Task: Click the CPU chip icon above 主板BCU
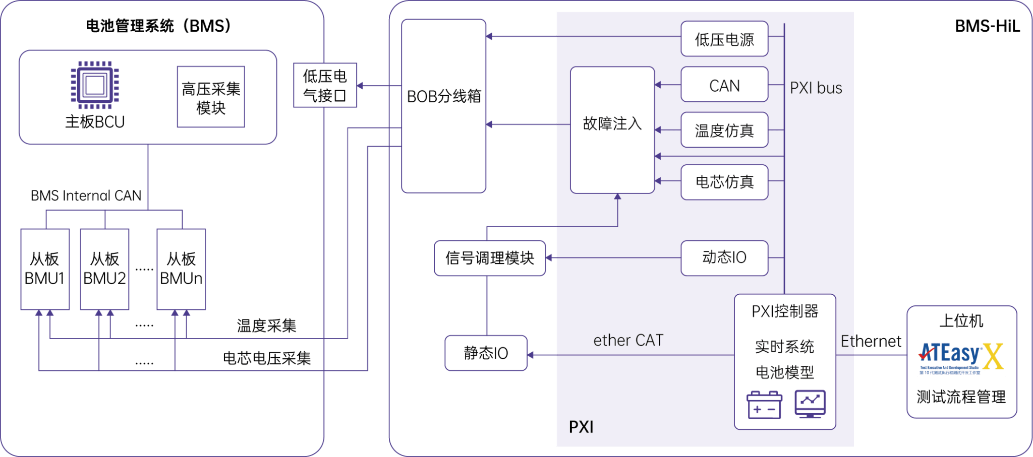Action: click(x=95, y=85)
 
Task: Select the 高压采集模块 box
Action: click(x=211, y=97)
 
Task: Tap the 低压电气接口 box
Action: click(x=325, y=85)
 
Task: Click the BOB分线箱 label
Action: click(x=444, y=96)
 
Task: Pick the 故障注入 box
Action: click(x=612, y=130)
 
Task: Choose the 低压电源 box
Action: click(x=724, y=39)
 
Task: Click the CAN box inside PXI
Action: click(x=724, y=85)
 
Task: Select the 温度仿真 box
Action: click(x=724, y=130)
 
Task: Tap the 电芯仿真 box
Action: click(x=724, y=182)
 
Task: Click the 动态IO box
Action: click(x=724, y=258)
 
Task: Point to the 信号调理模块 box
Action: click(x=489, y=258)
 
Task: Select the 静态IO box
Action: click(x=486, y=353)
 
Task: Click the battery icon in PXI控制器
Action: click(x=764, y=405)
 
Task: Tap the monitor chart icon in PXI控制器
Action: click(x=810, y=404)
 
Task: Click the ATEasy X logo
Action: click(x=961, y=358)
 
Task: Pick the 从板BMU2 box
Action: click(x=104, y=269)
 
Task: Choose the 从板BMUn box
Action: click(x=181, y=269)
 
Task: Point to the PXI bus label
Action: click(x=816, y=88)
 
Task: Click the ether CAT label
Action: click(x=628, y=341)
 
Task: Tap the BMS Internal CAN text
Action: click(x=86, y=195)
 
